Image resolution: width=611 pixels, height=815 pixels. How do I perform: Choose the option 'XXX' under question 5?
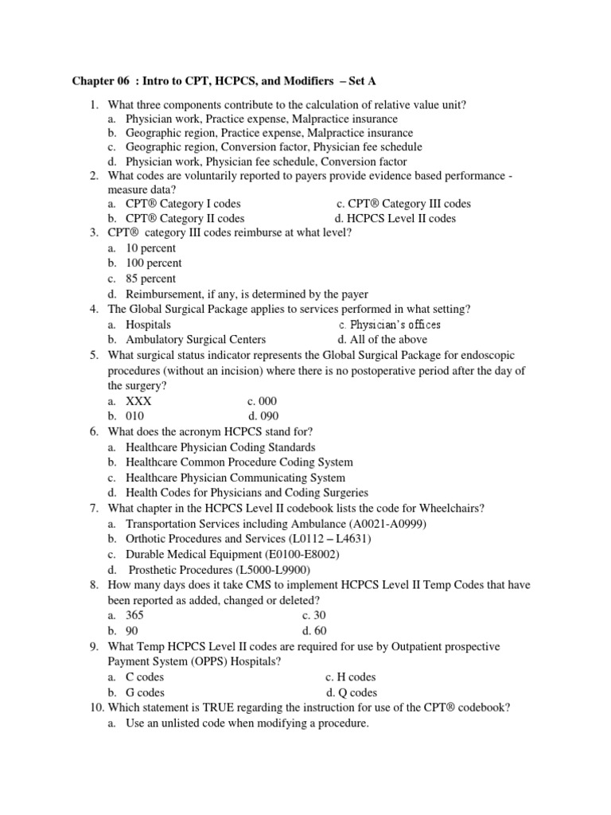coord(138,401)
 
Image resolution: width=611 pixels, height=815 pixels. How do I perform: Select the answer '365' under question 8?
coord(135,615)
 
